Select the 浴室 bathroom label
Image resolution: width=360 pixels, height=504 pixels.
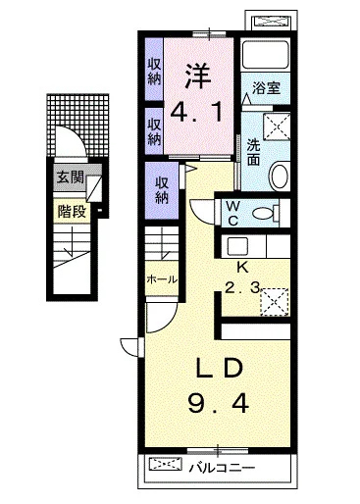click(x=266, y=87)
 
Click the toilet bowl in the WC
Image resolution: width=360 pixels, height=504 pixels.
click(x=271, y=211)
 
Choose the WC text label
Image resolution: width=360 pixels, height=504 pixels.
click(x=234, y=213)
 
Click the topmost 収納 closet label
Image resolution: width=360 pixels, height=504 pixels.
click(x=155, y=73)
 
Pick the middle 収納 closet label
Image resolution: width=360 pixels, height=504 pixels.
click(x=155, y=131)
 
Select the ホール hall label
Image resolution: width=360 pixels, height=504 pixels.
click(x=161, y=279)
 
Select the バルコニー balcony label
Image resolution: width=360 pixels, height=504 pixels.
click(x=222, y=467)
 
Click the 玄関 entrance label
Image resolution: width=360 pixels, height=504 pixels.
click(x=69, y=178)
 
